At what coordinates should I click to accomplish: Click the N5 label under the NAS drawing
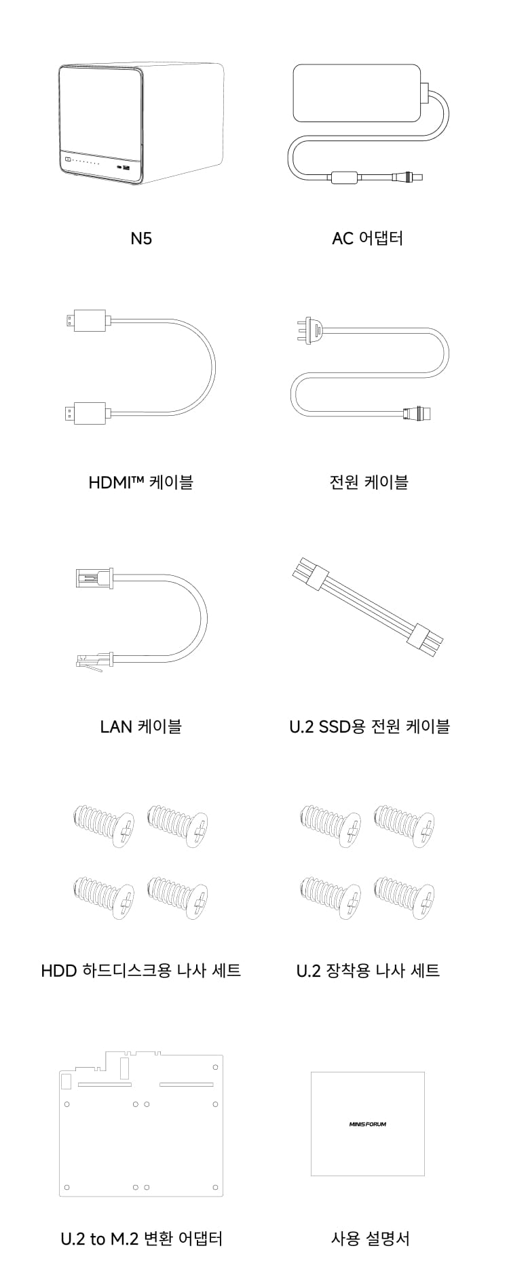[x=141, y=238]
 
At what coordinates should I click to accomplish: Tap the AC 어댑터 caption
[x=367, y=238]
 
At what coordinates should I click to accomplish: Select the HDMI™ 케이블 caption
[x=141, y=482]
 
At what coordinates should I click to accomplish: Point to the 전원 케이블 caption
[x=369, y=482]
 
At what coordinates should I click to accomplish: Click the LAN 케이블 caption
[x=141, y=726]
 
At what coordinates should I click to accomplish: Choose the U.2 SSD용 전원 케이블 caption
[x=369, y=726]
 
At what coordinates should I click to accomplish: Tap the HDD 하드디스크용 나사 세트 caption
[x=141, y=970]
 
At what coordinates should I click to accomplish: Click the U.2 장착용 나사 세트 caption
[x=369, y=970]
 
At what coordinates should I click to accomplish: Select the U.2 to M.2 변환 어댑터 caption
[x=141, y=1239]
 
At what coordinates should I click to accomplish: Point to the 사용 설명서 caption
[x=371, y=1239]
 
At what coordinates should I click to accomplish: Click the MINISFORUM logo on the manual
[x=367, y=1124]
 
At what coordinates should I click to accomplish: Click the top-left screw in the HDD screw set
[x=104, y=826]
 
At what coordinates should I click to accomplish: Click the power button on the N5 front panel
[x=68, y=161]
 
